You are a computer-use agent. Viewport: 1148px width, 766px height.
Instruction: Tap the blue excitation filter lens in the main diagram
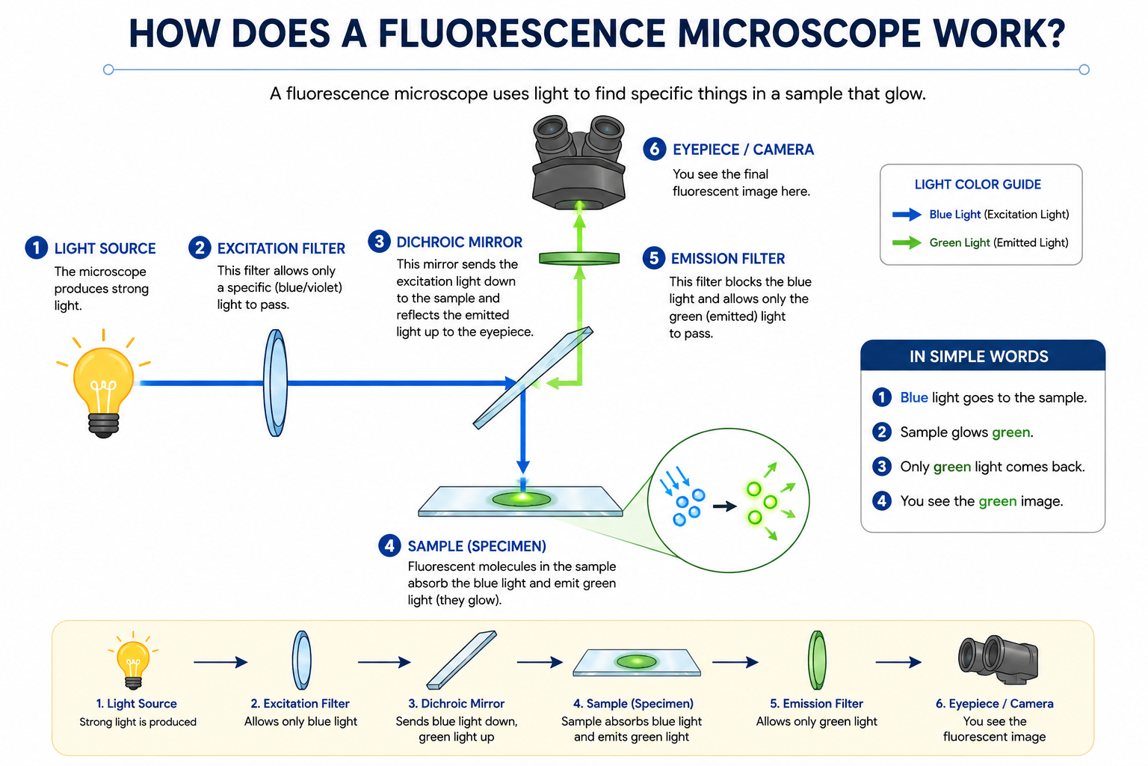pos(275,383)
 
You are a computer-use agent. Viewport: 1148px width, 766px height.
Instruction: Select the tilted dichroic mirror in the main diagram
pos(532,378)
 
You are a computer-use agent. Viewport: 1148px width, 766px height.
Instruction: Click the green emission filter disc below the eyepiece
pos(579,259)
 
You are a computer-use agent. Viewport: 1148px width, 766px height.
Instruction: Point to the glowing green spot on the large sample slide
pos(522,499)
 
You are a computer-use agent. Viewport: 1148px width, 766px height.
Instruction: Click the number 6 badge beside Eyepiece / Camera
pos(655,150)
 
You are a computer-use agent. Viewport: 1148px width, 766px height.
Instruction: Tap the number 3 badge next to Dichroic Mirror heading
pos(379,241)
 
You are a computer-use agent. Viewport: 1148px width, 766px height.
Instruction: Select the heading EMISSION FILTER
pos(728,259)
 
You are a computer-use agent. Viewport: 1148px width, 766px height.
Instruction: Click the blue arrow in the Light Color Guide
pos(907,215)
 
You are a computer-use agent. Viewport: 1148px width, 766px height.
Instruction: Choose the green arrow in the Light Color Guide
pos(907,242)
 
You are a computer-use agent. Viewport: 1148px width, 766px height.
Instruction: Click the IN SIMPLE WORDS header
pos(979,357)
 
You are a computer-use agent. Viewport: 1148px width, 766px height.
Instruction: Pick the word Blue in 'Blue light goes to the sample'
pos(914,398)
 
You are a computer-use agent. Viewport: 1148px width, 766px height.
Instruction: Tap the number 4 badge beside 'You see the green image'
pos(881,500)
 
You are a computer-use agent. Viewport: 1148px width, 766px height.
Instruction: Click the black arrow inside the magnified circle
pos(725,506)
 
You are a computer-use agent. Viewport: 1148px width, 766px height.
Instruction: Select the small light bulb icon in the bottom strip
pos(133,660)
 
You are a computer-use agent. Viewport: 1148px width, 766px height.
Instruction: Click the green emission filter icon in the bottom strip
pos(817,660)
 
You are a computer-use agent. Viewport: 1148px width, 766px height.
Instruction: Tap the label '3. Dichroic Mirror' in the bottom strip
pos(456,703)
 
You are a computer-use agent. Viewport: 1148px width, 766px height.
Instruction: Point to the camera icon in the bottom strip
pos(998,660)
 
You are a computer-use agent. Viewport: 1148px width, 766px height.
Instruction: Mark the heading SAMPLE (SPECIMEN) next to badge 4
pos(477,546)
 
